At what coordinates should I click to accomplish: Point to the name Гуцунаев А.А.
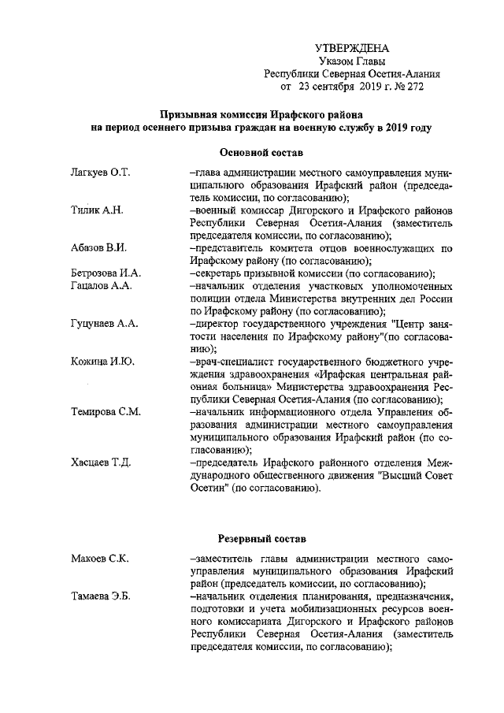(105, 324)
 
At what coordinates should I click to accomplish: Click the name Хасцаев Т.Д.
(100, 462)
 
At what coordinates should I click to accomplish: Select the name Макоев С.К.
(99, 559)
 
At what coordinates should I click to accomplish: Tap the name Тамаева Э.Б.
(100, 596)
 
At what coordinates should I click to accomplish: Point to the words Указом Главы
(352, 61)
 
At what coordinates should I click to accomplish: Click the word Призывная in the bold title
(186, 113)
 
